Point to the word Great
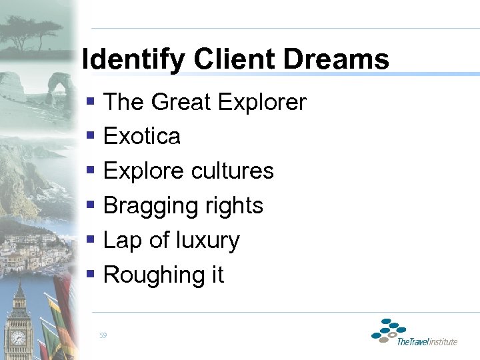(x=181, y=103)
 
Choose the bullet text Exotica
(x=142, y=137)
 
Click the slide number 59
(x=102, y=335)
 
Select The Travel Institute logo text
(x=427, y=342)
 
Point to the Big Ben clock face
(x=18, y=337)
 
